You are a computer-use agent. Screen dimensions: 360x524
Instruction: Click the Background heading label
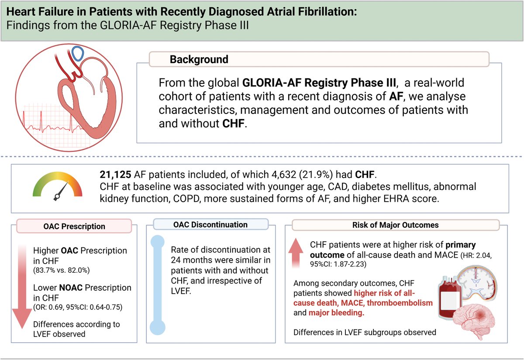pyautogui.click(x=199, y=59)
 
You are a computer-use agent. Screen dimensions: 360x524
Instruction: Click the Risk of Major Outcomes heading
pyautogui.click(x=396, y=225)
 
